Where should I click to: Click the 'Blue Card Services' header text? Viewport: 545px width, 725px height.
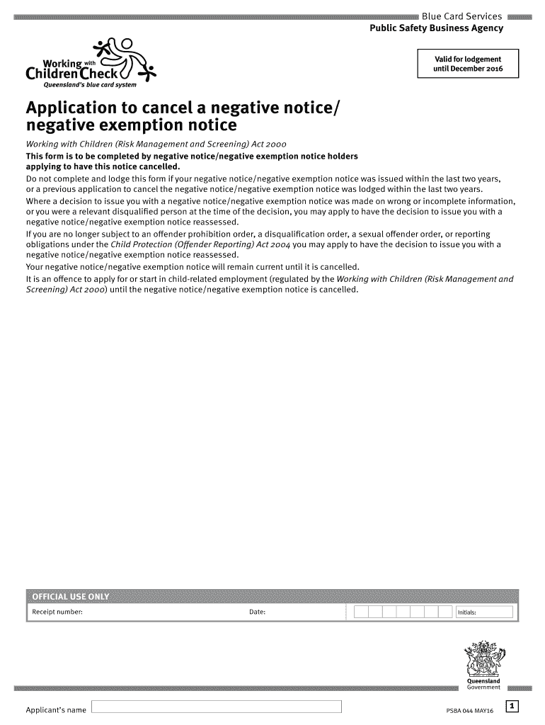[461, 16]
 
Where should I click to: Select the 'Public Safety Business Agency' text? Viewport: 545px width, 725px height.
[437, 28]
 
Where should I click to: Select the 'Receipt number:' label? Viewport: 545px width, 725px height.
[57, 612]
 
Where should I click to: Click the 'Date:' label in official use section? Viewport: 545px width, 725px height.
[257, 612]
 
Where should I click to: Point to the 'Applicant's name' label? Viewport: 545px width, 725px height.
[56, 709]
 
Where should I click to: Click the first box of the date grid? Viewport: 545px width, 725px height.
[361, 612]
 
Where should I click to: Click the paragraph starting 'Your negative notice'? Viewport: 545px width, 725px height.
[193, 267]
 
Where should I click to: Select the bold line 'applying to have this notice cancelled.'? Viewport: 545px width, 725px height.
[103, 166]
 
